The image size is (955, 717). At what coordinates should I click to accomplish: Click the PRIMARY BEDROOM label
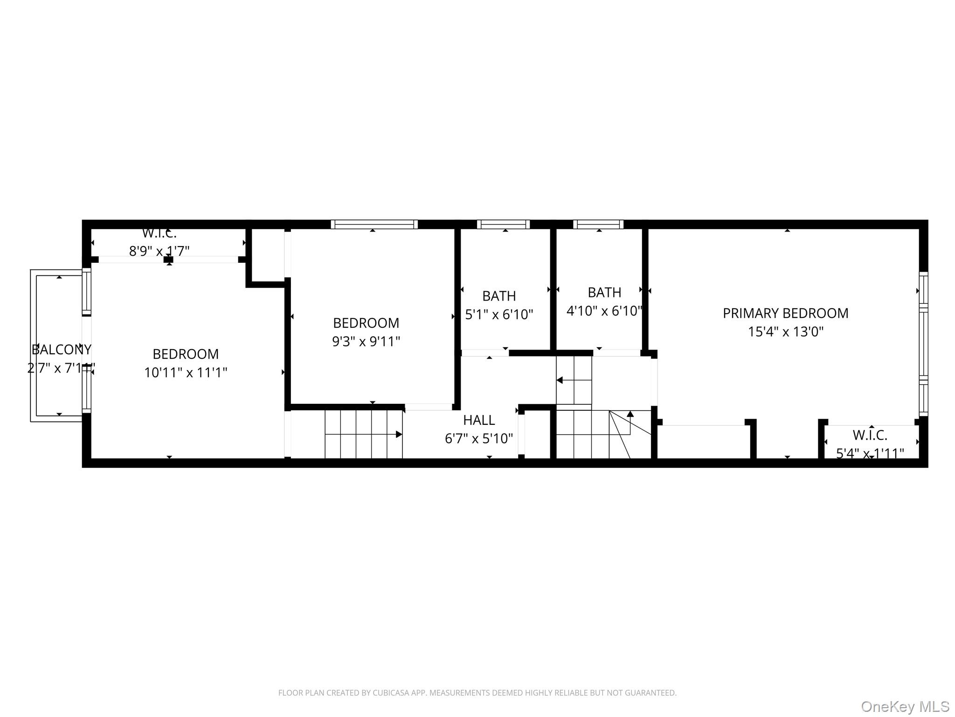coord(785,313)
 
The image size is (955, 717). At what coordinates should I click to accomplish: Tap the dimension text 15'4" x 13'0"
coord(785,332)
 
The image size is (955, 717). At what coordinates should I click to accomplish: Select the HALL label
coord(479,420)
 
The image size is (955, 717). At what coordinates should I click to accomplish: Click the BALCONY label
coord(61,350)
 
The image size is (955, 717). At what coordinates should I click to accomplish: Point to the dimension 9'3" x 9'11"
coord(366,342)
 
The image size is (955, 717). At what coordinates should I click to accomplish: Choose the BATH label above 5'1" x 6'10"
coord(499,296)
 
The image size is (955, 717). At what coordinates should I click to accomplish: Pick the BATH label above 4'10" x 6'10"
coord(604,293)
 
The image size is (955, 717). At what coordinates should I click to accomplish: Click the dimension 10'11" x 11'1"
coord(186,373)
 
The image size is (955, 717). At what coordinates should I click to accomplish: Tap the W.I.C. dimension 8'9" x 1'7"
coord(159,251)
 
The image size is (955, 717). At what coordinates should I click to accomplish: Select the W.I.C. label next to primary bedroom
coord(870,435)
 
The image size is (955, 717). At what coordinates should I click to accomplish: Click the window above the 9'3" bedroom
coord(374,225)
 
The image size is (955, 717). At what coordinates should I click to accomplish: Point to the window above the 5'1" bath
coord(503,225)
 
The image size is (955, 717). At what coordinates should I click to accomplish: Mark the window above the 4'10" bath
coord(598,225)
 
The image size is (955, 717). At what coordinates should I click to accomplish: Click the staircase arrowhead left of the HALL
coord(399,434)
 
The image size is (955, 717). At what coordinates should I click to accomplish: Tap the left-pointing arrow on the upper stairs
coord(560,380)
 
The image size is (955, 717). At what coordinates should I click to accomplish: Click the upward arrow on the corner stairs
coord(630,414)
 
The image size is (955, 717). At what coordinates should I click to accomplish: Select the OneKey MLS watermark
coord(905,707)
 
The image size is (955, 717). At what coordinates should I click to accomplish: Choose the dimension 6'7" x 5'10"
coord(479,439)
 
